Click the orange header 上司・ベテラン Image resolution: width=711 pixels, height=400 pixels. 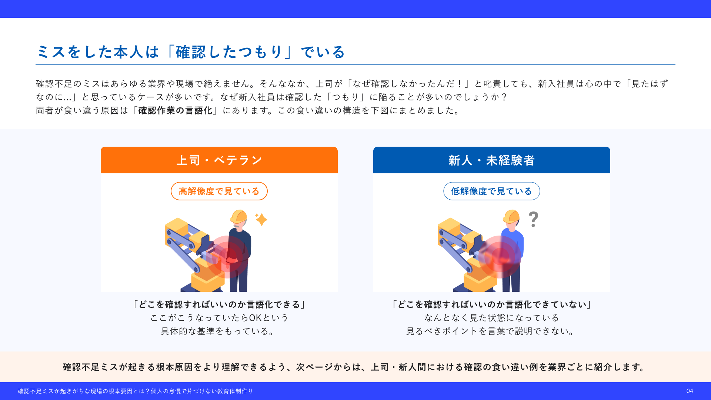[219, 160]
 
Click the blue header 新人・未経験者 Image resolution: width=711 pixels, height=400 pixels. [492, 160]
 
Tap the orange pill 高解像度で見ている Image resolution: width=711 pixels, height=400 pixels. [219, 191]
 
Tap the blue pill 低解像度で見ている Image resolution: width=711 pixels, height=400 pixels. [492, 191]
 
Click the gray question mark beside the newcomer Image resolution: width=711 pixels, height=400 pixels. [533, 219]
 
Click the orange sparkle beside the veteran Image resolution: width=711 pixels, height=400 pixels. [261, 219]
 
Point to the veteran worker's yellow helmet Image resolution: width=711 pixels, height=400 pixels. [239, 217]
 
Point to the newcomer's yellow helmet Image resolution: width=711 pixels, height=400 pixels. [511, 217]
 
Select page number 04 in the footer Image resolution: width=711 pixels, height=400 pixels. [690, 391]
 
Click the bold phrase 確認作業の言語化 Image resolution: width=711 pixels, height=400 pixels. [175, 110]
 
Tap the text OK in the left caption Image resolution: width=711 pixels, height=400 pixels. [255, 318]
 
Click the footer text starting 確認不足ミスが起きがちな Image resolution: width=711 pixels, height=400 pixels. [135, 391]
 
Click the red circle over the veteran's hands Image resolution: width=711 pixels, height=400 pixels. [227, 257]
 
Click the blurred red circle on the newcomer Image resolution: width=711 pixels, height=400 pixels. [500, 257]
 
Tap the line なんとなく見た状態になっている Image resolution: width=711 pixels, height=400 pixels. [492, 318]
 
